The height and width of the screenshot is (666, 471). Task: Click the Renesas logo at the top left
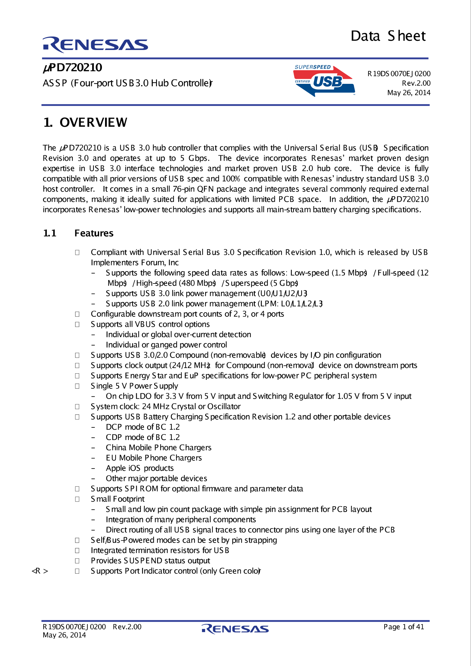tap(95, 45)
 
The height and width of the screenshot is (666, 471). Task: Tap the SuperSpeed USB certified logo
tap(324, 81)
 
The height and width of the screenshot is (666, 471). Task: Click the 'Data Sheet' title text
tap(388, 36)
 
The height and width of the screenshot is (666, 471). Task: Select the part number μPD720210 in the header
tap(72, 67)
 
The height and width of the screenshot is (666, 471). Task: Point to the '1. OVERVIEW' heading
tap(85, 122)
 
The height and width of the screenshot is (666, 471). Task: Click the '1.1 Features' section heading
tap(78, 233)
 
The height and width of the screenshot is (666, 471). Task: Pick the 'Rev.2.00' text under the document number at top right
tap(416, 83)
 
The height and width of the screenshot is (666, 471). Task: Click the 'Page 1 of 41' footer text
tap(404, 627)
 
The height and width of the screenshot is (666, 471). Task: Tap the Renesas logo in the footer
tap(235, 629)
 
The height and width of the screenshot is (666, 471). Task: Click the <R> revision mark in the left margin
tap(40, 571)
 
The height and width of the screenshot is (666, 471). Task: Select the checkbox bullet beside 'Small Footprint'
tap(77, 499)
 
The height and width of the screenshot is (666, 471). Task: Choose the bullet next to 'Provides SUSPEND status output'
tap(77, 561)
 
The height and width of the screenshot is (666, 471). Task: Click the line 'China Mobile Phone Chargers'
tap(159, 447)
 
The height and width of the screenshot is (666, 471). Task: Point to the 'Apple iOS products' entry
tap(140, 468)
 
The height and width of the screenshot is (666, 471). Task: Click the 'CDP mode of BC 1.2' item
tap(143, 437)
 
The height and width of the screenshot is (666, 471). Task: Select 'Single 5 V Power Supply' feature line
tap(134, 386)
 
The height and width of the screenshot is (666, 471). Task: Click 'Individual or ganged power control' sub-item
tap(166, 345)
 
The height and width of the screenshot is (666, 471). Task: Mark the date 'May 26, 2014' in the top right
tap(409, 93)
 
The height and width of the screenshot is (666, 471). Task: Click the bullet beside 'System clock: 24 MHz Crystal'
tap(77, 407)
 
